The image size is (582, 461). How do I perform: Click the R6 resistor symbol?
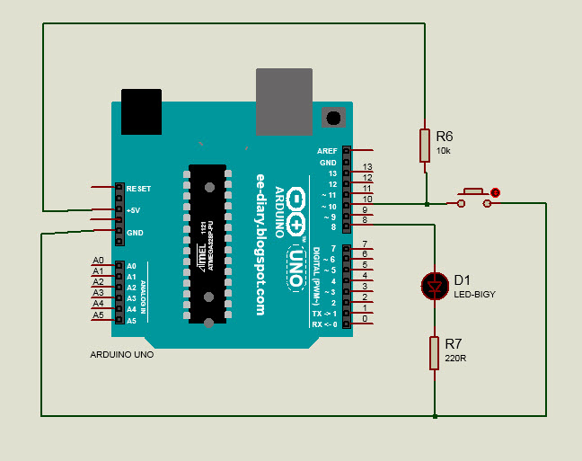[425, 145]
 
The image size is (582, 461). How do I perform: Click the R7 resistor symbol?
[435, 353]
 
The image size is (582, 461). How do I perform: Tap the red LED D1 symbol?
[436, 286]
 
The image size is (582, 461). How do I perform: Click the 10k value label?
[443, 151]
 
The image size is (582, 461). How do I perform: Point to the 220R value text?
[454, 359]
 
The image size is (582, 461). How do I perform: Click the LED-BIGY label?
[474, 294]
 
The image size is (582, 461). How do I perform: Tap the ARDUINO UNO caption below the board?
[122, 355]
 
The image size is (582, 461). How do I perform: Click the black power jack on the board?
[141, 111]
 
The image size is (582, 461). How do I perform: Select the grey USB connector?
[285, 101]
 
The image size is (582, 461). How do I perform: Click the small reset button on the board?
[334, 117]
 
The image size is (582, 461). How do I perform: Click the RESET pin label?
[139, 189]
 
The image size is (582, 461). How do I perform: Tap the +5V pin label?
[134, 210]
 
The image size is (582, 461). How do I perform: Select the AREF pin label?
[326, 151]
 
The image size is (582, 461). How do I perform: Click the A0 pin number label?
[99, 261]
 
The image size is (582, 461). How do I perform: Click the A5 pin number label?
[99, 315]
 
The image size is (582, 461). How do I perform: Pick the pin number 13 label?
[366, 167]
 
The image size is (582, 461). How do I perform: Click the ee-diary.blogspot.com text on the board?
[261, 243]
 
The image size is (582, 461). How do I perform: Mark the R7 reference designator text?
[454, 344]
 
